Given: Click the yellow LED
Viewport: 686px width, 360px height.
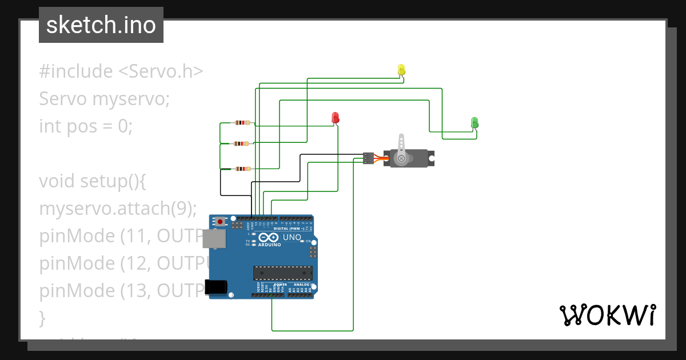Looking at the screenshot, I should click(401, 70).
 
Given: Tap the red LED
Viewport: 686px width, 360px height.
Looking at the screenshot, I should click(336, 118).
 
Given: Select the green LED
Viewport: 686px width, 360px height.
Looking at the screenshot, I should click(474, 122).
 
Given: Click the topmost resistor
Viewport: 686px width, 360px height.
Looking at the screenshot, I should click(243, 123).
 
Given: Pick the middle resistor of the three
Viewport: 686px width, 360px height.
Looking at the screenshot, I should click(243, 144).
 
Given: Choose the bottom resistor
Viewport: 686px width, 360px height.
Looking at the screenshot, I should click(243, 169).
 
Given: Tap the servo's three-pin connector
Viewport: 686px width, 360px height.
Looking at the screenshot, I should click(368, 158).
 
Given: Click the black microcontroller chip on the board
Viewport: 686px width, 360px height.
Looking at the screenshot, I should click(283, 274).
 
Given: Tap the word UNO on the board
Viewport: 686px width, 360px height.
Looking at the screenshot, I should click(292, 237).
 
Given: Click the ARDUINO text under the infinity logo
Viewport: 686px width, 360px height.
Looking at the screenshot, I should click(269, 245).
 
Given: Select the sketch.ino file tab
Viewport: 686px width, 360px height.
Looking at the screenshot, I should click(101, 25).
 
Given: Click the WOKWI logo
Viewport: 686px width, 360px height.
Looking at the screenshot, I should click(607, 315).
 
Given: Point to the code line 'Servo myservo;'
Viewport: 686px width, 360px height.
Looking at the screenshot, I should click(105, 99).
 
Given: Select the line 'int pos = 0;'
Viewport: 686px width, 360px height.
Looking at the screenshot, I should click(86, 126).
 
